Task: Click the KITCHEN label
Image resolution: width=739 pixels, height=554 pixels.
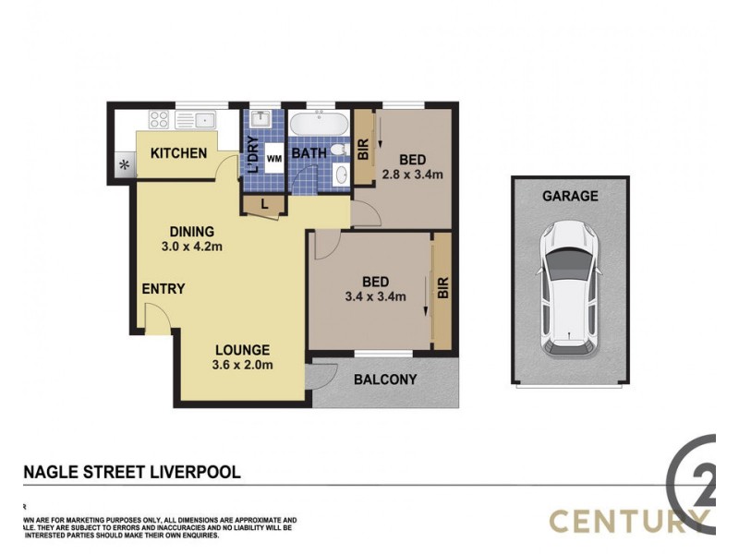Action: tap(178, 152)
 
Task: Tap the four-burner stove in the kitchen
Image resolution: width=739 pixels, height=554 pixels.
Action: tap(158, 119)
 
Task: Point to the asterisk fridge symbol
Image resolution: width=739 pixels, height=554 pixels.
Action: tap(123, 165)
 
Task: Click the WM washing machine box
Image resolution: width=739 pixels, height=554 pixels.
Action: tap(274, 159)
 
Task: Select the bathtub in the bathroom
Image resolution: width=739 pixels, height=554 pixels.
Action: tap(318, 124)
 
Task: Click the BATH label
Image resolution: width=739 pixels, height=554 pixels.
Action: tap(309, 153)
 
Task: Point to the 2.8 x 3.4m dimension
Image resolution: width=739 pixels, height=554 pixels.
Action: tap(414, 174)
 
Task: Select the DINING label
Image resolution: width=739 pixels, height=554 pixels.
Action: tap(191, 231)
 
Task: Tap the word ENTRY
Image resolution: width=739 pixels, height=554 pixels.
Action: tap(164, 289)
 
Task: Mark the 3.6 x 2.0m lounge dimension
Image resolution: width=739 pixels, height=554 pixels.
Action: tap(243, 365)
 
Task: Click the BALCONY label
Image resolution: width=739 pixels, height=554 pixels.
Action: tap(385, 379)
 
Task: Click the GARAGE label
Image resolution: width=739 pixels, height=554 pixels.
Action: tap(570, 196)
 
